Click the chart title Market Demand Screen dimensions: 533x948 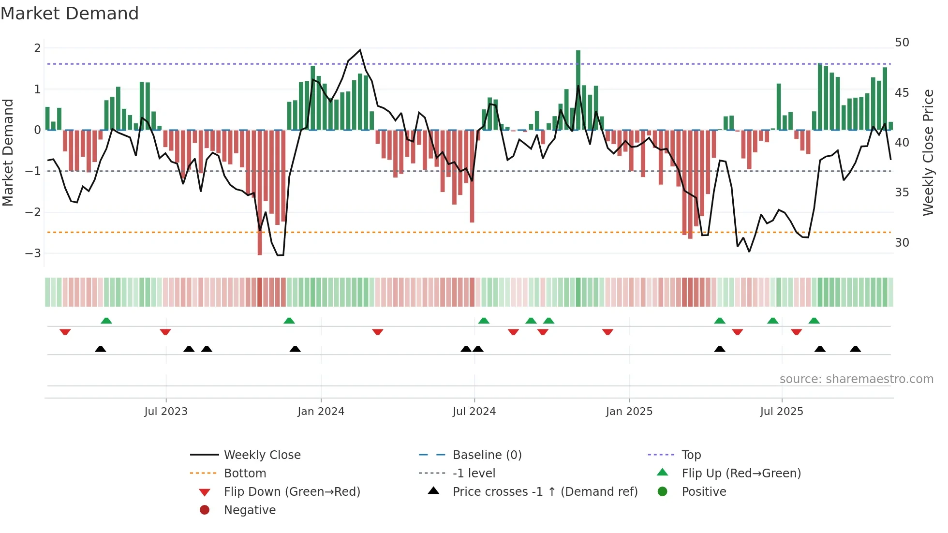(x=70, y=14)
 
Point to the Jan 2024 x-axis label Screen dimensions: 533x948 (x=321, y=412)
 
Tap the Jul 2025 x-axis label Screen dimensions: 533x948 (x=781, y=412)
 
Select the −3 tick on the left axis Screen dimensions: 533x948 (x=33, y=253)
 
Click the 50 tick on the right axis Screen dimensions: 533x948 (x=902, y=43)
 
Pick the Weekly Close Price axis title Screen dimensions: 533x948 (x=928, y=152)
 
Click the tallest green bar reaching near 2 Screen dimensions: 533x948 (x=578, y=89)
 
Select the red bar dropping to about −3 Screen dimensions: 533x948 (x=260, y=193)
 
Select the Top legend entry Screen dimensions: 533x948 (x=691, y=455)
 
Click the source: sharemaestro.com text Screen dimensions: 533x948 (x=856, y=379)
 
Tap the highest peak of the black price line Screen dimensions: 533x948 (x=360, y=50)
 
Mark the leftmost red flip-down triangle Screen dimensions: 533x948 (x=65, y=332)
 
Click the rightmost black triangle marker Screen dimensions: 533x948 (x=855, y=349)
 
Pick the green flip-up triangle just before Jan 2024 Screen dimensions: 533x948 (x=289, y=321)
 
